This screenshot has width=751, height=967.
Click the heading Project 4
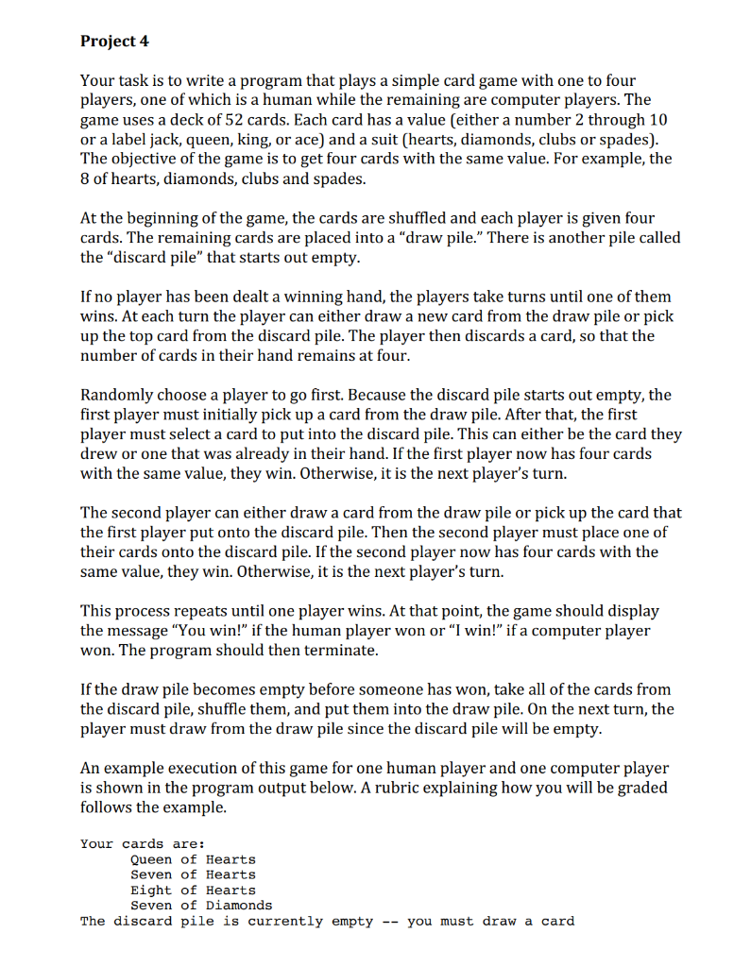click(114, 41)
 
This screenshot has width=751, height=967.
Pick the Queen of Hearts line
click(193, 859)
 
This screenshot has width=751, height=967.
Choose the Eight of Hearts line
click(193, 890)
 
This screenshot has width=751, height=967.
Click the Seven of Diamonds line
click(200, 905)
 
